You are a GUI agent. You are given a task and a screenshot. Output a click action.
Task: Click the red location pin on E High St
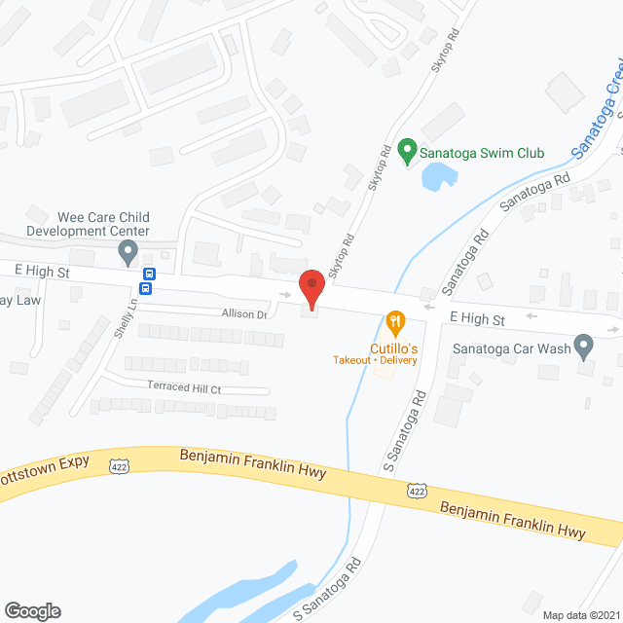click(311, 287)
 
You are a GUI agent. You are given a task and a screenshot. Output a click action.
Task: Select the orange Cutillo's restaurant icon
click(394, 320)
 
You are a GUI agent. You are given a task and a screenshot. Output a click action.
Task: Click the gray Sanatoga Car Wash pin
click(583, 345)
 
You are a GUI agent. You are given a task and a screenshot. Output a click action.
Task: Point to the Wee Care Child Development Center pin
click(128, 253)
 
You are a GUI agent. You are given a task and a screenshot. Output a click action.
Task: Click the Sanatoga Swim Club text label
click(481, 153)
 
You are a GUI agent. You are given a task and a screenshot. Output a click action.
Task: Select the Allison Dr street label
click(243, 314)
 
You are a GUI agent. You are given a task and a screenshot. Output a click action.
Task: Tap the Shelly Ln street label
click(122, 316)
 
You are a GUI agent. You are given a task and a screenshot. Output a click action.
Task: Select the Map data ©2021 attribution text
click(580, 615)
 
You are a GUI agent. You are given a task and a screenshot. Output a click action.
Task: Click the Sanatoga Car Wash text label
click(512, 348)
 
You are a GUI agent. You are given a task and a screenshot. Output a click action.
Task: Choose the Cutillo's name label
click(393, 348)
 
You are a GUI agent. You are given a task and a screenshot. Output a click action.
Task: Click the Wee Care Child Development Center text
click(88, 224)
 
